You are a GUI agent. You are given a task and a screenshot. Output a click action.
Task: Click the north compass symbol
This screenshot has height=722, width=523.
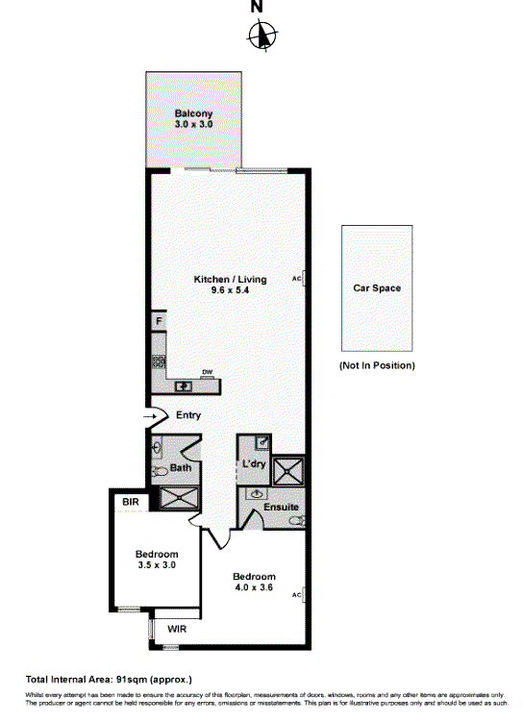click(x=261, y=37)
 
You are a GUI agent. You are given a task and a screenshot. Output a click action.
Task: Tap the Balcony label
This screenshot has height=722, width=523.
click(x=193, y=113)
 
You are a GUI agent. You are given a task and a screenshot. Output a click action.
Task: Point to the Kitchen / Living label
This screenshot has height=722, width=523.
click(x=230, y=280)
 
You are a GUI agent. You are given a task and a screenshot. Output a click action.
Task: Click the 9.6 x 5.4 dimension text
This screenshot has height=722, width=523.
click(x=230, y=291)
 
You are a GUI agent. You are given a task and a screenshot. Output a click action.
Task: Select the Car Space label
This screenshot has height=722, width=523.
click(x=377, y=287)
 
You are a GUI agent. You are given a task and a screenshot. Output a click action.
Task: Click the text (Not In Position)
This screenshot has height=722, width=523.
click(x=377, y=365)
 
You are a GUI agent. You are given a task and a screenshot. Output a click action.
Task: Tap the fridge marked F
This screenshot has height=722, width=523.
click(x=157, y=321)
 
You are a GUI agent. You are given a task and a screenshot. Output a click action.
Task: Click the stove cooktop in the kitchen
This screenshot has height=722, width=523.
click(x=158, y=363)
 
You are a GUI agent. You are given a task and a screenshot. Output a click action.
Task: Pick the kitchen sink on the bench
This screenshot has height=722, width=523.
click(x=182, y=386)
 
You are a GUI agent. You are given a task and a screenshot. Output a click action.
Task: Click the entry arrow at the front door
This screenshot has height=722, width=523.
click(x=150, y=416)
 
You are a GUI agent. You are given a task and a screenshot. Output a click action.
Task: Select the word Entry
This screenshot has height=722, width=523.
click(x=188, y=415)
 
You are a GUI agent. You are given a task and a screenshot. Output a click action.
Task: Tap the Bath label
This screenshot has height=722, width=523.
click(x=180, y=468)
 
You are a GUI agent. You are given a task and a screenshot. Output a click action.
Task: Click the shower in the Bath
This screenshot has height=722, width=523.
click(x=176, y=497)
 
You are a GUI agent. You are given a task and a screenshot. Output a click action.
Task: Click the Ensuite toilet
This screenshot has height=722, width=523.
click(x=299, y=520)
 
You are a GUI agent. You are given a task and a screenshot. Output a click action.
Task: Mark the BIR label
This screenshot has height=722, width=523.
click(x=131, y=502)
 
